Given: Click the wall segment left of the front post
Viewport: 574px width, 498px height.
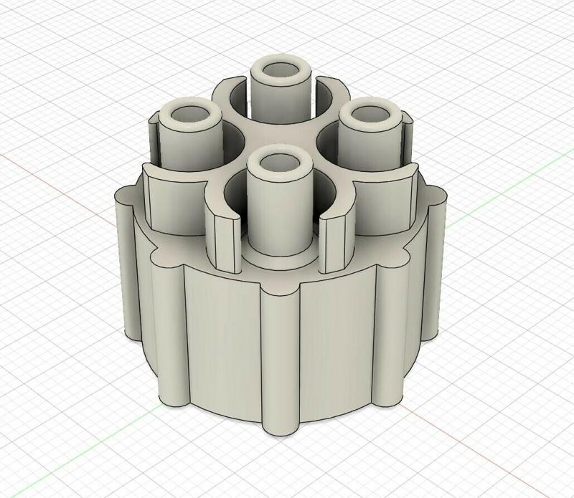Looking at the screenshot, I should [x=225, y=240].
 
